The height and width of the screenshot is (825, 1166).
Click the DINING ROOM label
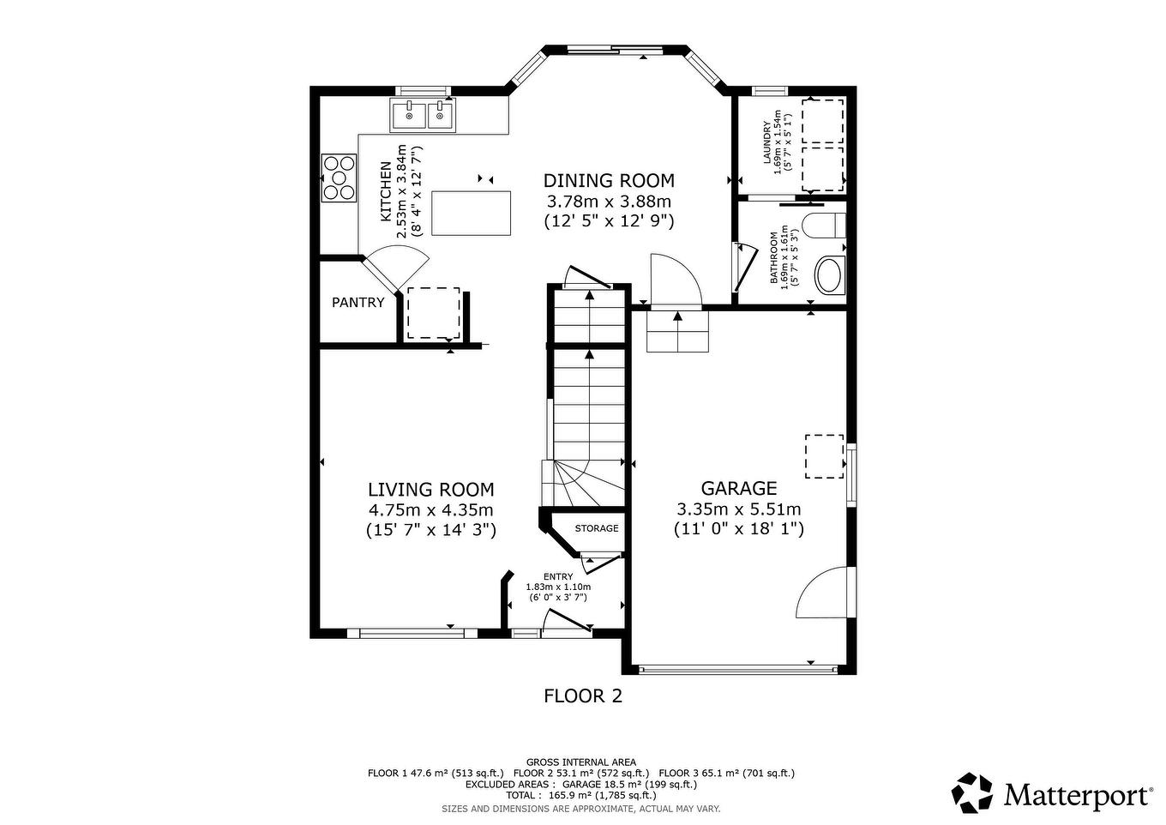[609, 181]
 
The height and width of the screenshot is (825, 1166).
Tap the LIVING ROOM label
[430, 490]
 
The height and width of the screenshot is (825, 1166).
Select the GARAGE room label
[738, 488]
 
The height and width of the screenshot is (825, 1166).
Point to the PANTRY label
[358, 303]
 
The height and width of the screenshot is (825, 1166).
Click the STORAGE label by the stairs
[596, 528]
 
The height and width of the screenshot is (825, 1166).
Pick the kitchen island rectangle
[471, 213]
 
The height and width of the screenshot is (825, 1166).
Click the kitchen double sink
[423, 114]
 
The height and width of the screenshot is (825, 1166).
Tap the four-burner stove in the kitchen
[338, 178]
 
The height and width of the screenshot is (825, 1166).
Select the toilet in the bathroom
[825, 226]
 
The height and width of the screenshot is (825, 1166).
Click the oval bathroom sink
[829, 276]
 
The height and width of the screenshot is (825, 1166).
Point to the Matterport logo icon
[973, 792]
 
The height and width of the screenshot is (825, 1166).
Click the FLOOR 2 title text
[583, 696]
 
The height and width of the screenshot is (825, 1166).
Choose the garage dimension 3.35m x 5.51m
[738, 509]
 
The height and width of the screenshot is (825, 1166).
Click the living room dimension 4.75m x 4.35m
[430, 510]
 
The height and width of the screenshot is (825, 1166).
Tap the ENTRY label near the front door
[558, 576]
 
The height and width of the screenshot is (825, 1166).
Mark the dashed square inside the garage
[824, 456]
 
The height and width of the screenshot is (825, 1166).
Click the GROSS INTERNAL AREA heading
[580, 762]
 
